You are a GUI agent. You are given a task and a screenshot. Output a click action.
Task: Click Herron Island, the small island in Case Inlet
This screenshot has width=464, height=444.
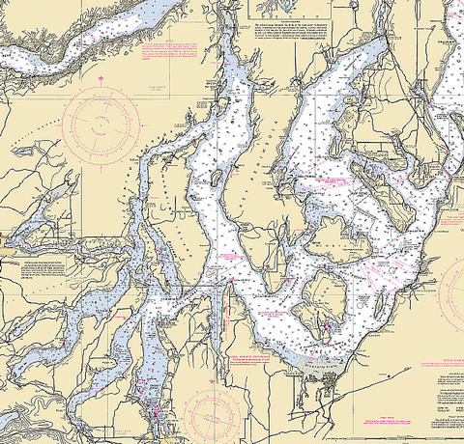(217, 177)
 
